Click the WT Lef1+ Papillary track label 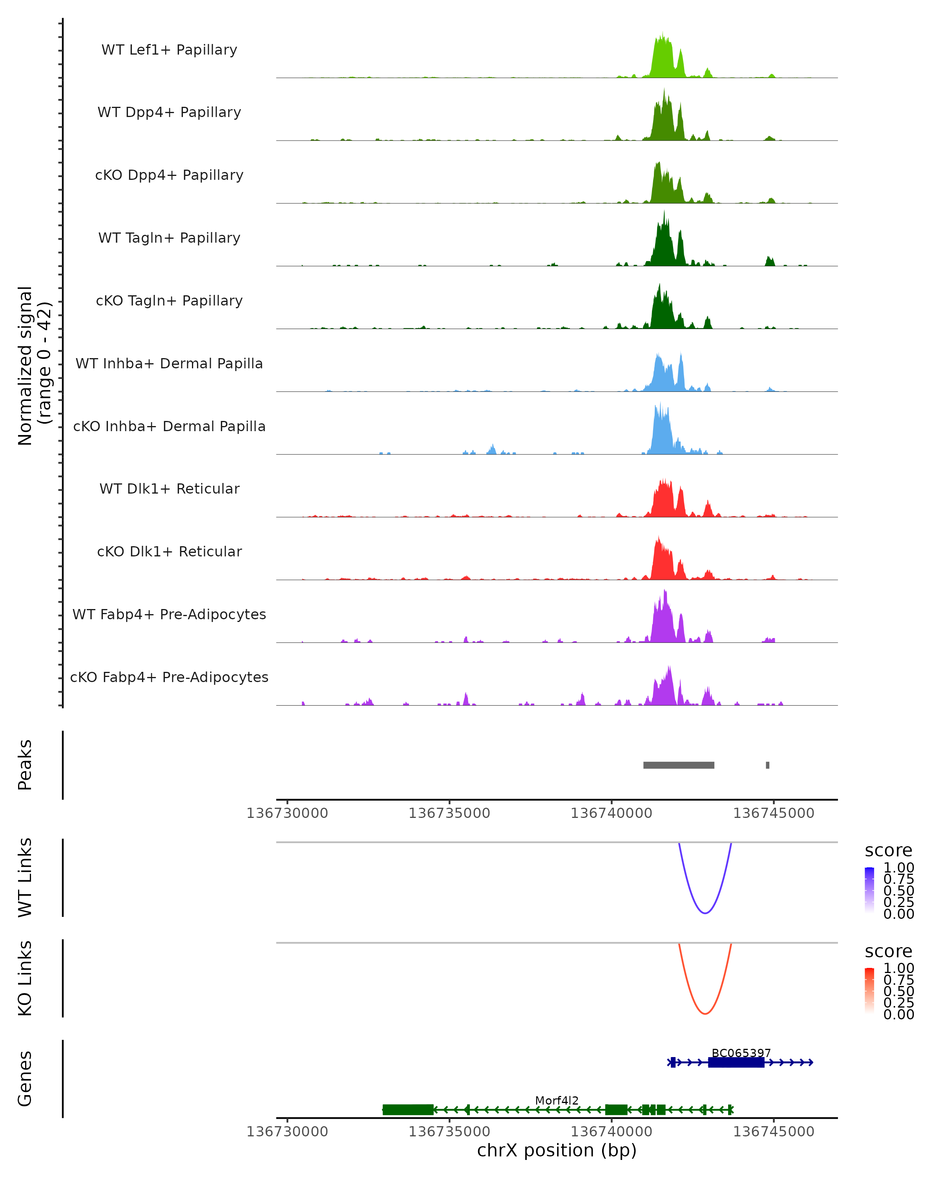[x=169, y=50]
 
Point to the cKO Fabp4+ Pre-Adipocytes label [x=169, y=677]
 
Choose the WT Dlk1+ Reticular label [x=169, y=488]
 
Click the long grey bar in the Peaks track [x=679, y=765]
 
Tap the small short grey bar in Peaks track [x=767, y=765]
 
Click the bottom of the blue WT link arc [x=705, y=913]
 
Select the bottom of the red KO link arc [x=705, y=1013]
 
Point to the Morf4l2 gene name [x=557, y=1100]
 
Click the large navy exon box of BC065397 [x=736, y=1062]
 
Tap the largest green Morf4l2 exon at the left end [x=408, y=1110]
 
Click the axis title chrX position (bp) [x=557, y=1151]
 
